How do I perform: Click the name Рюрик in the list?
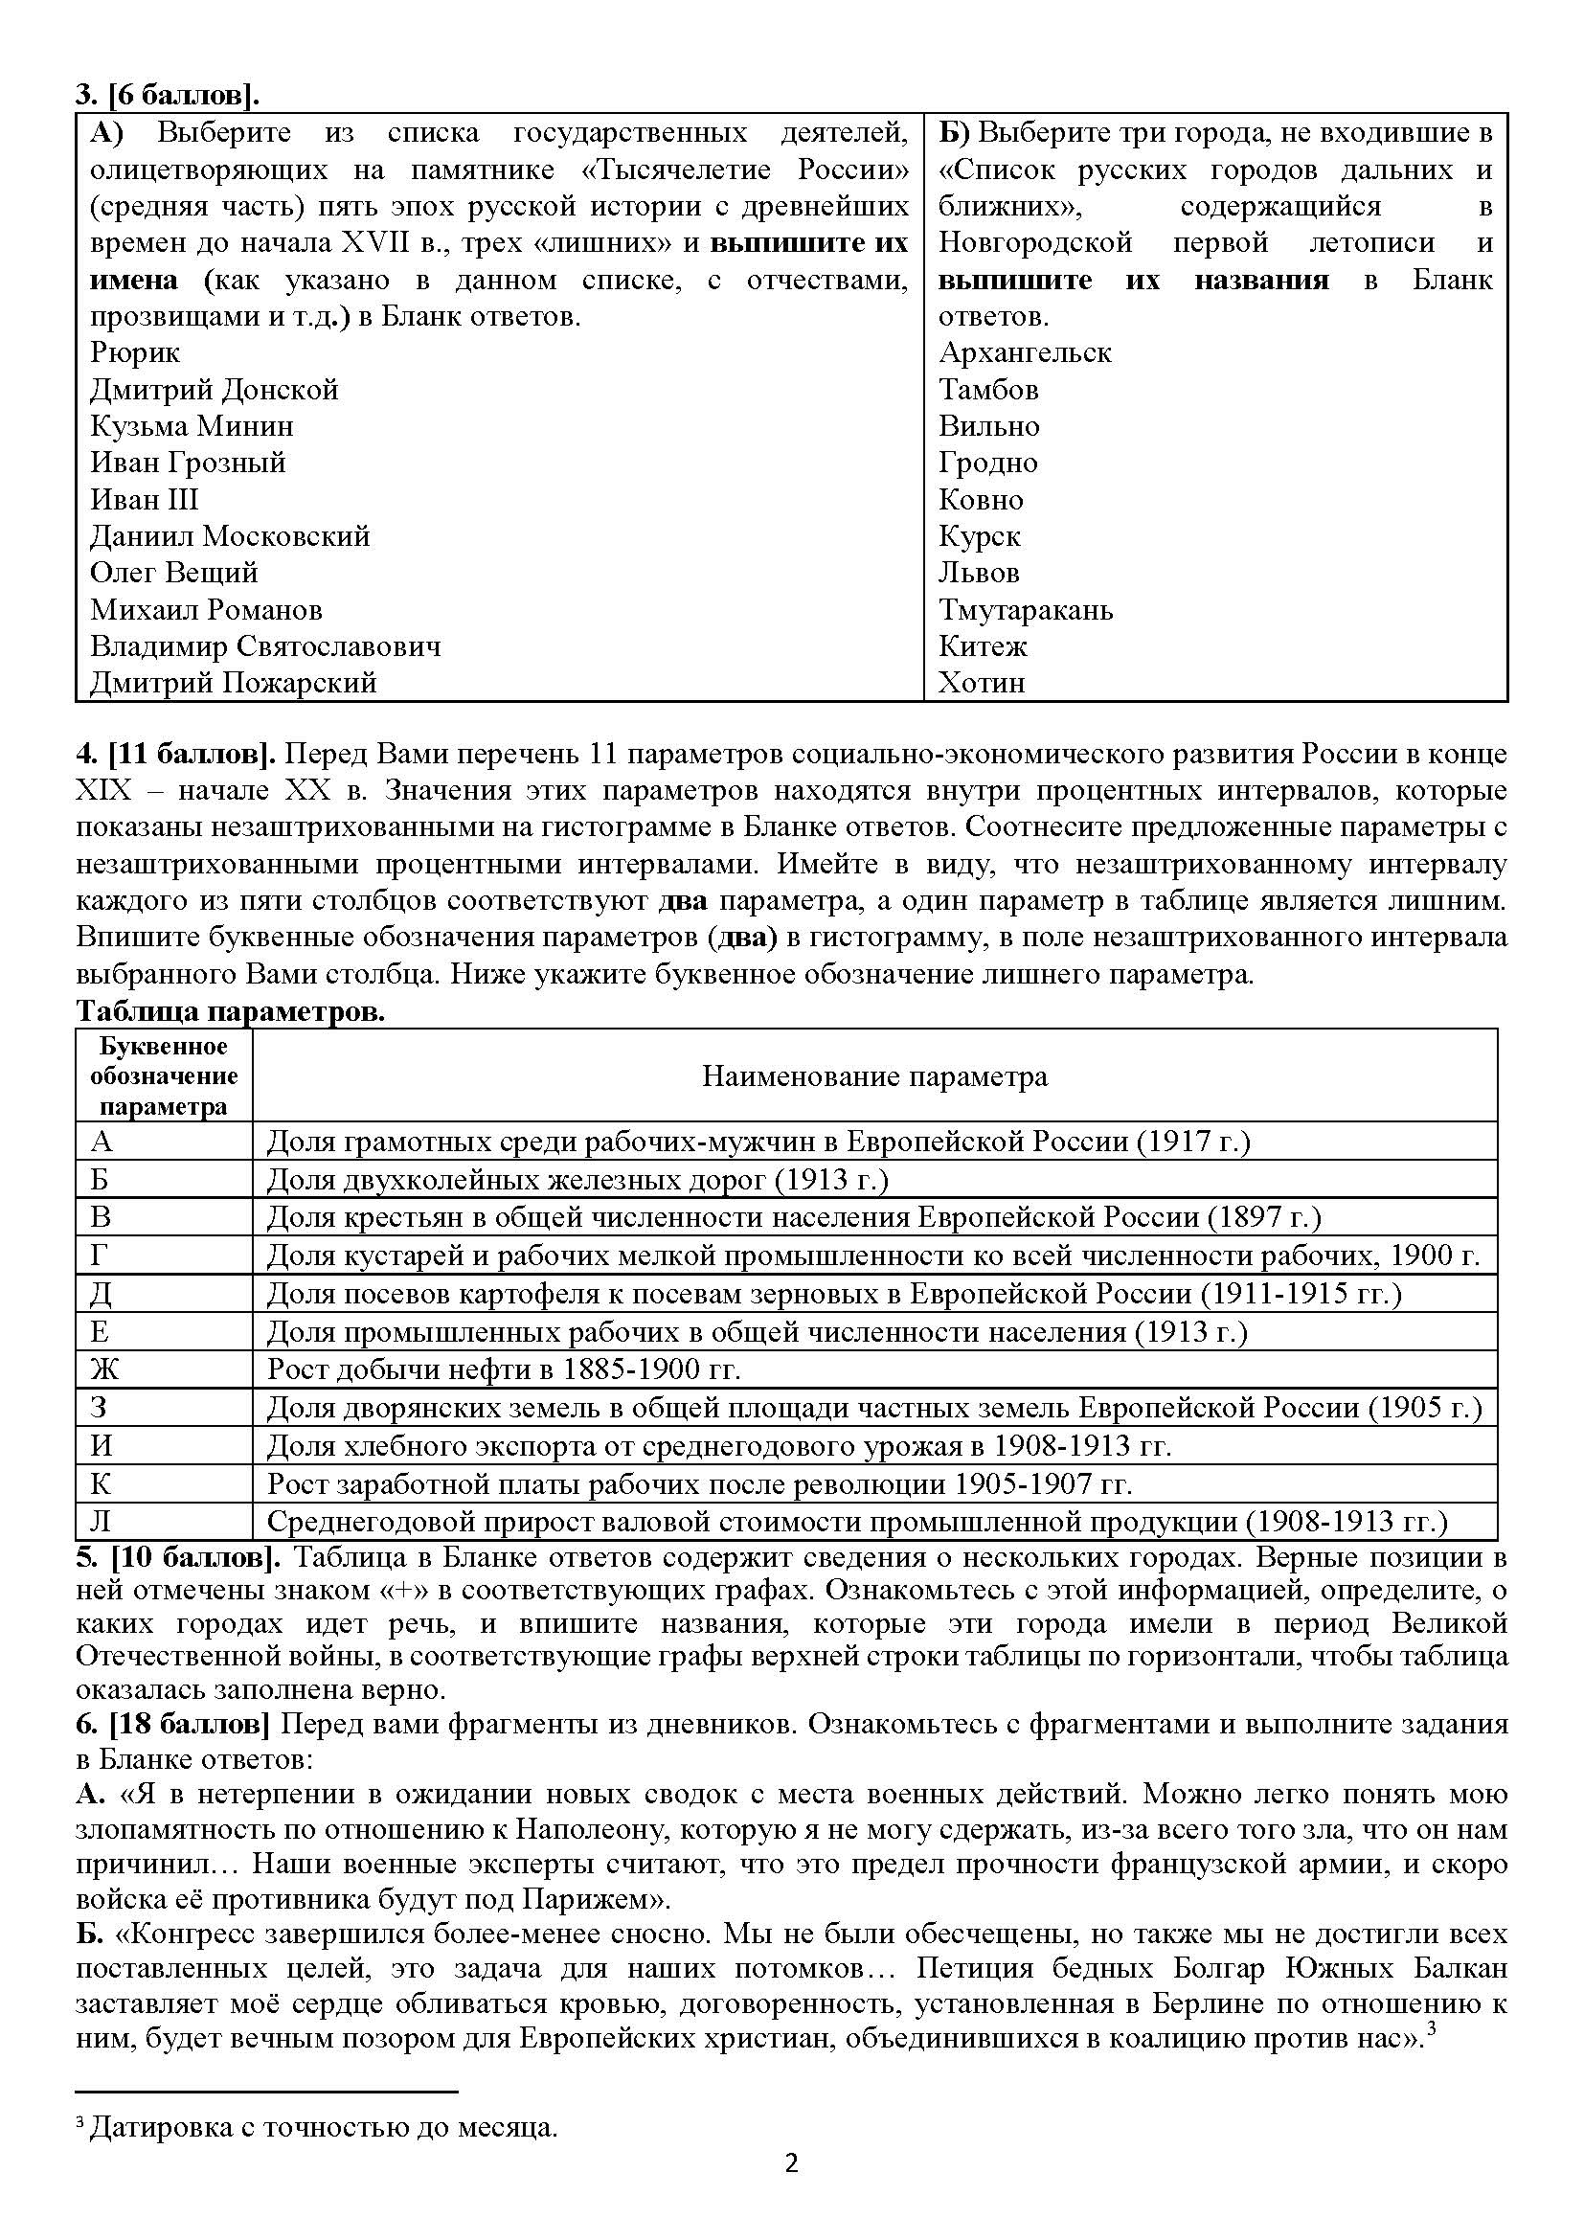[x=135, y=352]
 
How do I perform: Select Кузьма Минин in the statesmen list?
[x=192, y=426]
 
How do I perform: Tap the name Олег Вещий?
[x=173, y=573]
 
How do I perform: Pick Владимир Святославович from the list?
[x=265, y=645]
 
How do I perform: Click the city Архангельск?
[x=1024, y=352]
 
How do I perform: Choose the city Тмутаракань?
[x=1025, y=610]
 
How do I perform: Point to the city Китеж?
[x=983, y=645]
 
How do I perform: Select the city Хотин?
[x=982, y=683]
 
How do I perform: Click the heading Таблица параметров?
[x=230, y=1012]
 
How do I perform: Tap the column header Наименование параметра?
[x=875, y=1076]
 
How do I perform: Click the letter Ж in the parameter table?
[x=103, y=1369]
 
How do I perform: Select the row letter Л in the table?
[x=102, y=1521]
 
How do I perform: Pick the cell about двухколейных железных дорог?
[x=577, y=1180]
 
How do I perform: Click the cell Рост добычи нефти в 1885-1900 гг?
[x=504, y=1369]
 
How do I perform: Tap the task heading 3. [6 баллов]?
[x=168, y=96]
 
